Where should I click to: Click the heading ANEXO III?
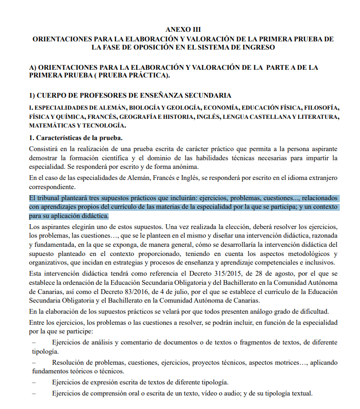[x=183, y=29]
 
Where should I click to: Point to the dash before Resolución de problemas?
[x=34, y=362]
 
